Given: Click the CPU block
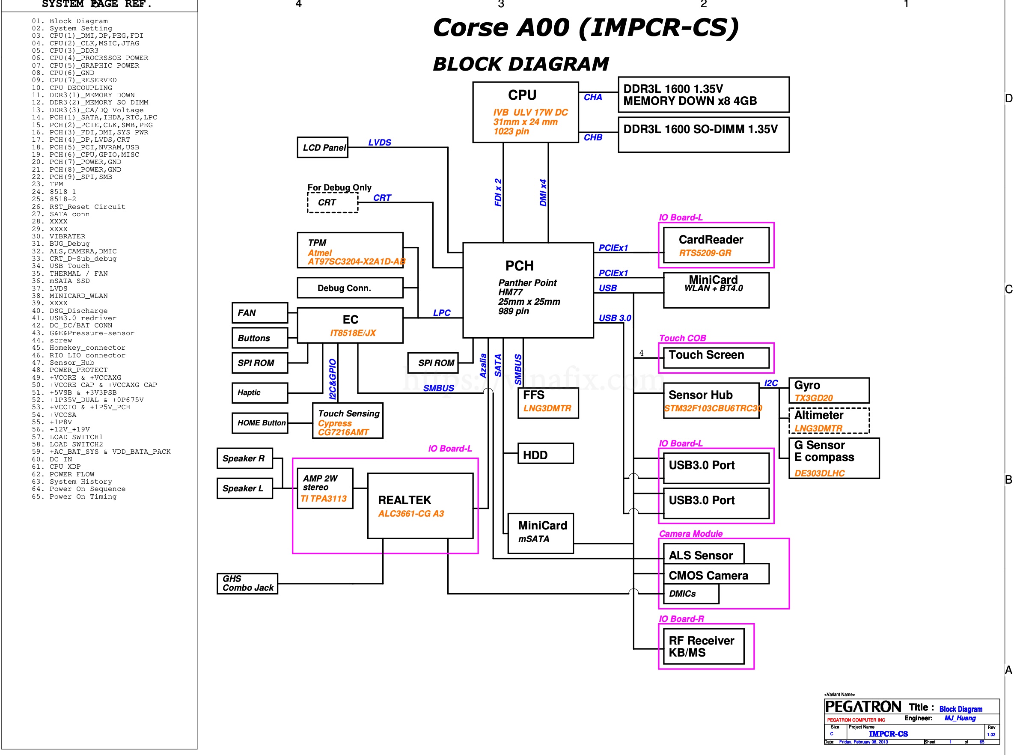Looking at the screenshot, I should [526, 113].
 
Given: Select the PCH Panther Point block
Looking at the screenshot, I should [528, 291].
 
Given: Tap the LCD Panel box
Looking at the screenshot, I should [323, 148].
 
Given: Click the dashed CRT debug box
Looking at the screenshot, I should [333, 202].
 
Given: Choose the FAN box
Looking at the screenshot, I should [260, 313].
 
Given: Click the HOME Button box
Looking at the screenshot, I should [260, 423].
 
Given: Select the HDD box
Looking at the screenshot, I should [545, 454].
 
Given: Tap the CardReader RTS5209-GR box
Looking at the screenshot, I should [716, 245].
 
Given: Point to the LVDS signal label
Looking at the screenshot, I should [380, 143].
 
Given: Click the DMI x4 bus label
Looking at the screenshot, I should [544, 193].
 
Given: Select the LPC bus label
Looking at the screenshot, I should [442, 313].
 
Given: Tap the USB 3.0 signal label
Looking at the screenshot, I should [615, 318].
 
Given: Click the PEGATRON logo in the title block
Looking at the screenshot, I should [863, 707].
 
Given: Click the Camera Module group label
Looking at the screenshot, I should [691, 534].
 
